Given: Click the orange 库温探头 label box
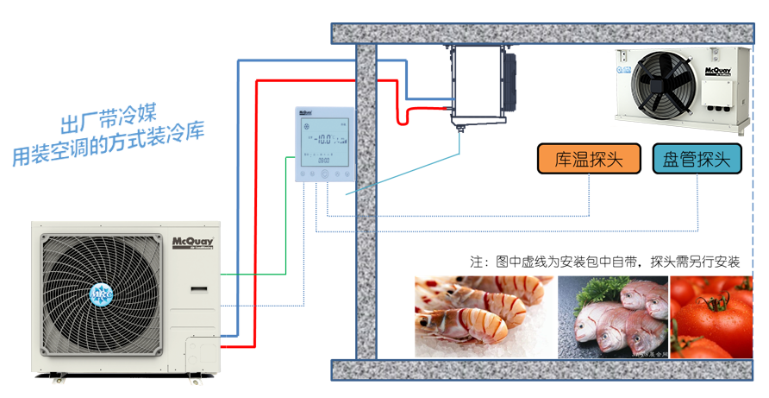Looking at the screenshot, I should pyautogui.click(x=589, y=159).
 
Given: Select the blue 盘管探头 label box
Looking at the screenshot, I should pyautogui.click(x=697, y=159).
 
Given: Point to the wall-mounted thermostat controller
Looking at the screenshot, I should pyautogui.click(x=325, y=144).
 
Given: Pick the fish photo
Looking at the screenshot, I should pyautogui.click(x=613, y=316).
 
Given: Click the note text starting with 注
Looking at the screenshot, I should pyautogui.click(x=604, y=262).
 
